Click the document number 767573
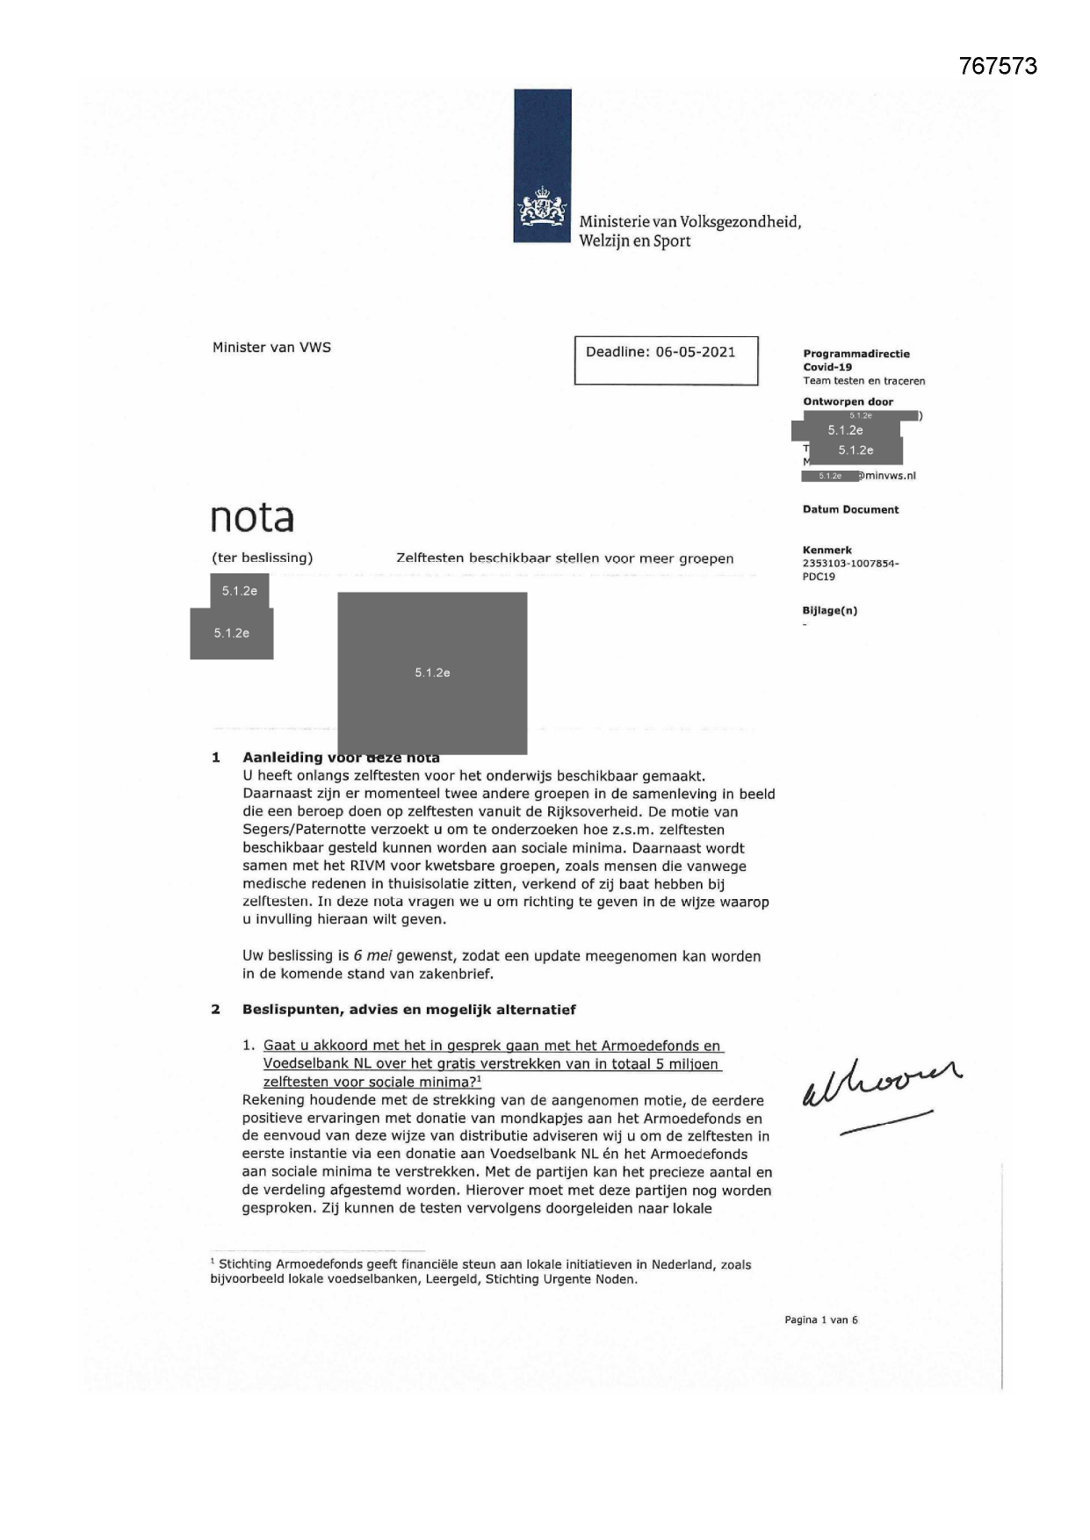click(998, 66)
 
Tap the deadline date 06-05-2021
click(695, 352)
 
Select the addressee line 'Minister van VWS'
click(271, 348)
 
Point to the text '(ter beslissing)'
click(262, 558)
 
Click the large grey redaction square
click(432, 673)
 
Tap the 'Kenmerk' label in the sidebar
click(827, 551)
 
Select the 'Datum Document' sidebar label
click(850, 509)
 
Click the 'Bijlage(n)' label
click(829, 610)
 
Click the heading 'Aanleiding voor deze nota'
click(341, 758)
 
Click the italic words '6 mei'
click(372, 956)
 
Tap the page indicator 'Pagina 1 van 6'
click(820, 1320)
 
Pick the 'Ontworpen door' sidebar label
click(848, 402)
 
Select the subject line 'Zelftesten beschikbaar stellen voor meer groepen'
click(565, 558)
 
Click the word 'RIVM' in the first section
click(337, 867)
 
